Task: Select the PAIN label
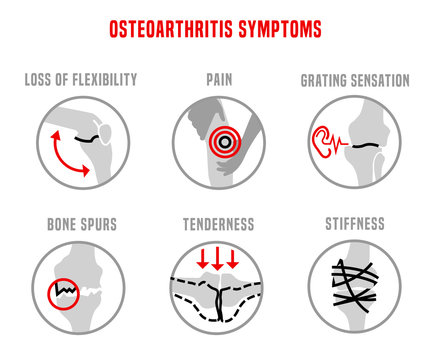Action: click(215, 79)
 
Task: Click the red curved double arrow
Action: click(61, 153)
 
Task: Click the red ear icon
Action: click(324, 142)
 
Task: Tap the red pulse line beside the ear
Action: click(346, 142)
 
